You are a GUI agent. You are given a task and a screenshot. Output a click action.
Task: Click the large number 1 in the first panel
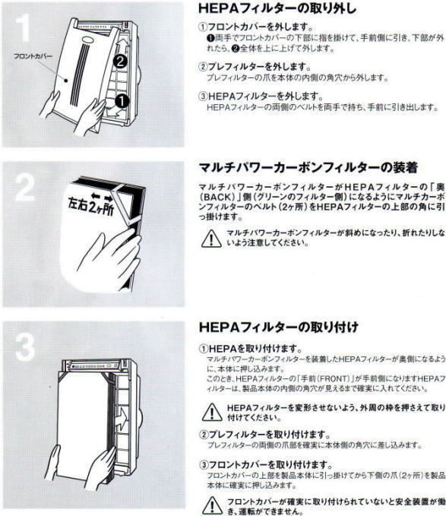pyautogui.click(x=25, y=30)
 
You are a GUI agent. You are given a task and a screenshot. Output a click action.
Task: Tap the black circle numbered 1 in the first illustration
pyautogui.click(x=122, y=99)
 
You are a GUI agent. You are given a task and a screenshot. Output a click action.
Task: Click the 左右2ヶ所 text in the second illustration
pyautogui.click(x=85, y=206)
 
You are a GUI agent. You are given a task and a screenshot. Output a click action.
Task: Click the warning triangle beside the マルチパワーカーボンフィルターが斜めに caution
pyautogui.click(x=207, y=237)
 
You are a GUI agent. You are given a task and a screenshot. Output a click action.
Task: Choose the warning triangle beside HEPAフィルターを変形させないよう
pyautogui.click(x=207, y=411)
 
